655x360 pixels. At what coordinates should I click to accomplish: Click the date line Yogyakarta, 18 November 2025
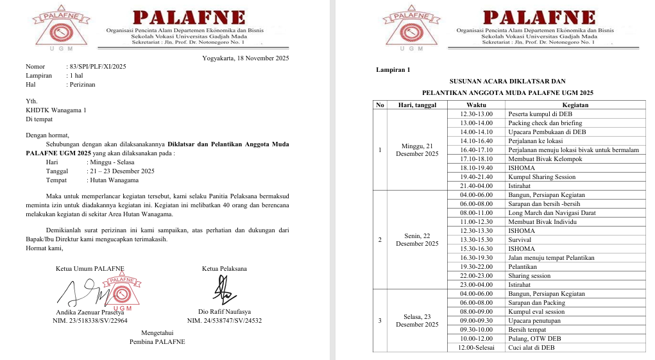236,58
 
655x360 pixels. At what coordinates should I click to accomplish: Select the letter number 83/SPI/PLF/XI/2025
96,67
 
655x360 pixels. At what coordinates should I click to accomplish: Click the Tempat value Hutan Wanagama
112,180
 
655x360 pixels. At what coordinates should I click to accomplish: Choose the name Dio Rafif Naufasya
225,312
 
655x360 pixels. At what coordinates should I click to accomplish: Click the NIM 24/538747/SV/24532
225,320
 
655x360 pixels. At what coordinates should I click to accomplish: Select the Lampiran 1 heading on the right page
393,70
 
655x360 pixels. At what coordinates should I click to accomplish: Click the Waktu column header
475,105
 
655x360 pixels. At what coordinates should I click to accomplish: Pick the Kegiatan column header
575,105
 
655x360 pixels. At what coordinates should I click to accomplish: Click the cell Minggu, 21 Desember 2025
416,150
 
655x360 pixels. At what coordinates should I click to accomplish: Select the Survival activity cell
519,240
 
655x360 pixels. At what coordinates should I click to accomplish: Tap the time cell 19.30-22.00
475,267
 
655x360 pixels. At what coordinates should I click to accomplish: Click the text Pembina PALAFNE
157,341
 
